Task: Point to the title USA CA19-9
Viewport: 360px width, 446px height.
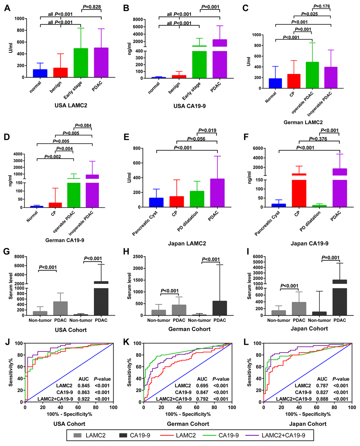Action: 189,105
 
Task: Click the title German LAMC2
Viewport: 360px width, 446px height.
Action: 303,122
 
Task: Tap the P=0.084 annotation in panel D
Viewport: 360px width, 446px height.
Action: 83,126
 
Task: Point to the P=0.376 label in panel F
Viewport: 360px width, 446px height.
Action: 318,139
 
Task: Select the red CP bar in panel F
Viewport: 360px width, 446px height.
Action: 299,190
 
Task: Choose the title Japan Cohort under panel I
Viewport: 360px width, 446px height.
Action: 309,328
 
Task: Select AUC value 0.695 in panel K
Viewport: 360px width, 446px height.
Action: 202,386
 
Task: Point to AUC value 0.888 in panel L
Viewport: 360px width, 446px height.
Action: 322,399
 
